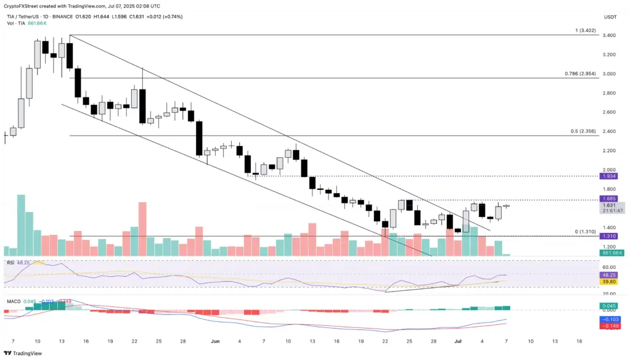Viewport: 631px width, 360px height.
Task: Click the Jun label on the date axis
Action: coord(215,340)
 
